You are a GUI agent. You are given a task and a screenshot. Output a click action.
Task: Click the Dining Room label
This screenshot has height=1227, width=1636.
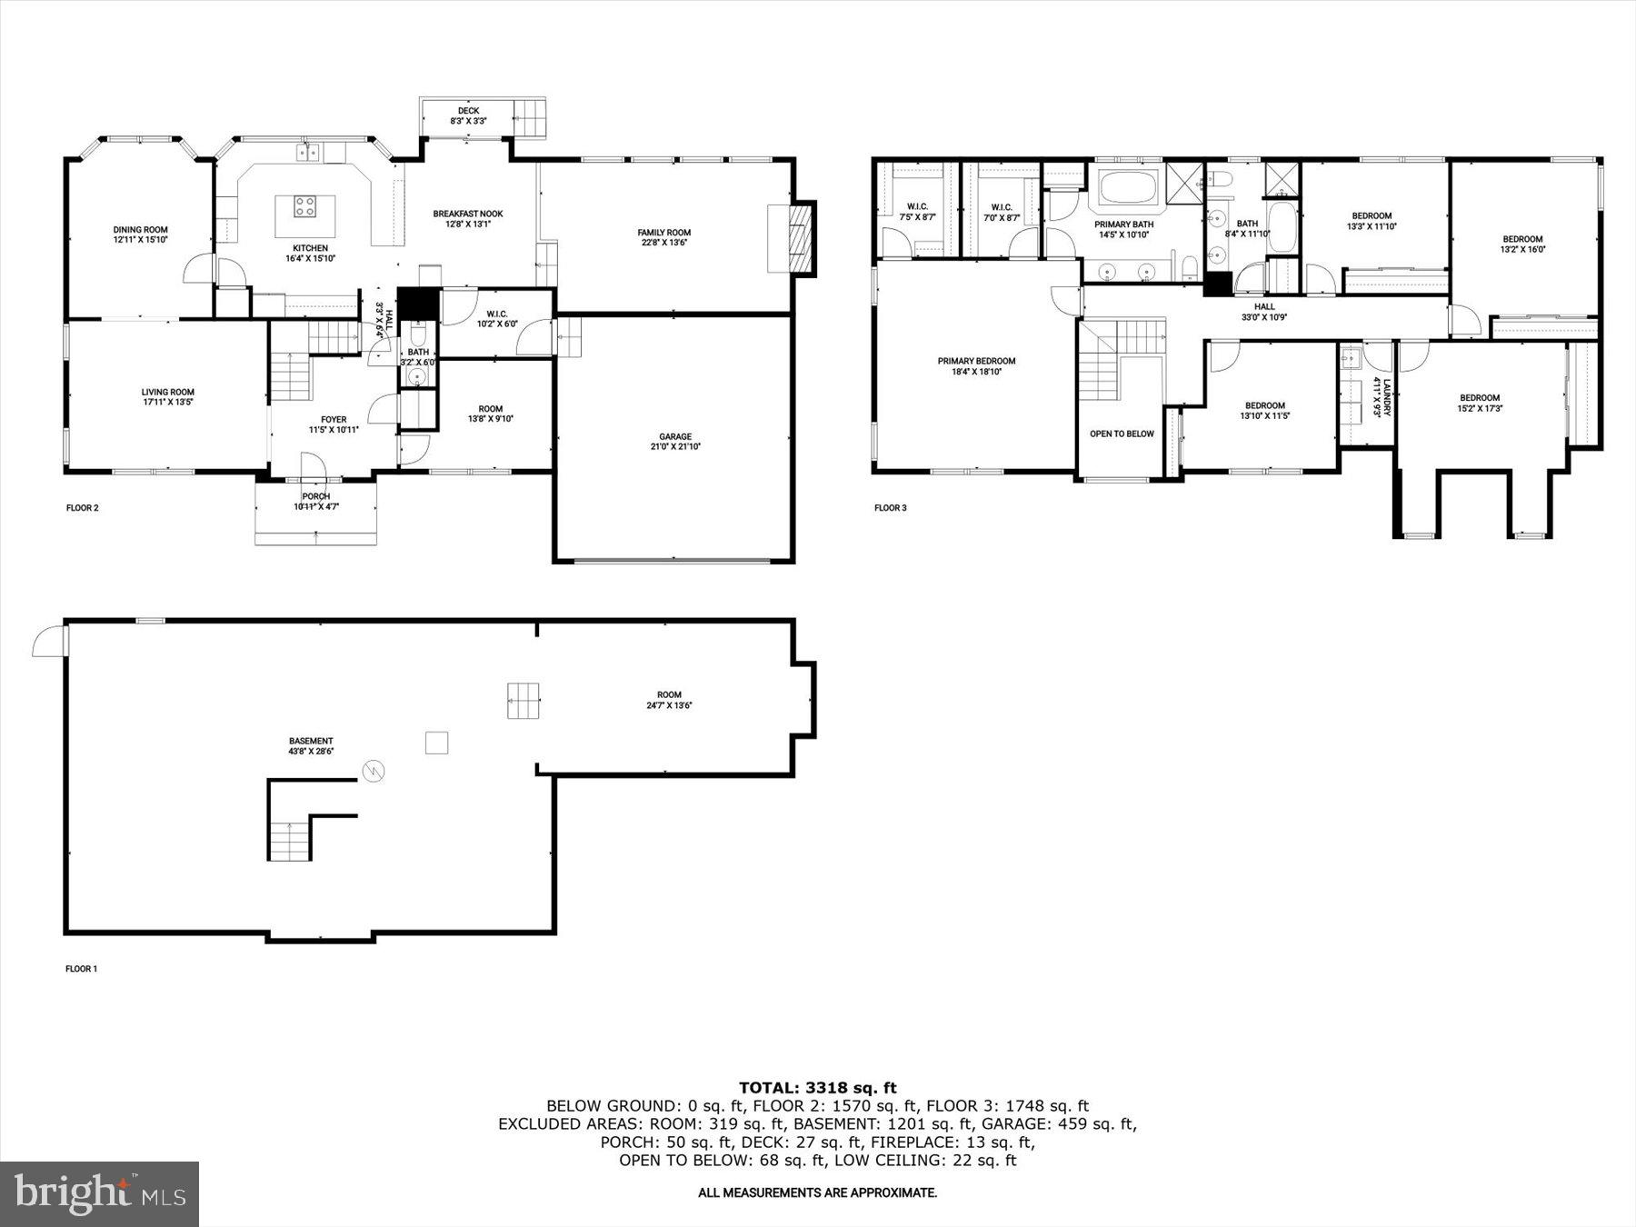(140, 234)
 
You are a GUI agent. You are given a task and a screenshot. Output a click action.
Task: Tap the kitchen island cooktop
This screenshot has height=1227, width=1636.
(305, 207)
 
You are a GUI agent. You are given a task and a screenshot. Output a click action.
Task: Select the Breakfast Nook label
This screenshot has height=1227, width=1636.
(467, 219)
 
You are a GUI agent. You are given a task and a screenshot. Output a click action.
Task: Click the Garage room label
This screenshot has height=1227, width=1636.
(674, 442)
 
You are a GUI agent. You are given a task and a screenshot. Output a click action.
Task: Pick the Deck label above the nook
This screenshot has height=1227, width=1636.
(468, 115)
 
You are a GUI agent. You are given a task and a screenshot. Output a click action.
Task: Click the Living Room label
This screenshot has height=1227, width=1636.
(167, 396)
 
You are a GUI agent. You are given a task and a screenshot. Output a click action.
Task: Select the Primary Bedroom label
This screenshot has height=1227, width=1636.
(976, 366)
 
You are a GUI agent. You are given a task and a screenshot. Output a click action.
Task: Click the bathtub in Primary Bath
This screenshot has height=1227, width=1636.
(1127, 189)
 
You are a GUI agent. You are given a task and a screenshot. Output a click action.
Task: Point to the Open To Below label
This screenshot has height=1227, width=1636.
(1121, 434)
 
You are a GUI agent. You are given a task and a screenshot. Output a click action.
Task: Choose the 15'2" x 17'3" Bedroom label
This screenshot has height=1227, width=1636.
(1479, 403)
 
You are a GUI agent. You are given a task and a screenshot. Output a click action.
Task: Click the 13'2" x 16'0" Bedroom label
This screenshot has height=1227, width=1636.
(1521, 244)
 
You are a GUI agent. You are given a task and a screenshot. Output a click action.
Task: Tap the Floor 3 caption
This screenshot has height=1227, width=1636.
(890, 508)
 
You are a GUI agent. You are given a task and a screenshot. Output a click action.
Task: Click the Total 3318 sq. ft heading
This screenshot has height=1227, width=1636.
(817, 1087)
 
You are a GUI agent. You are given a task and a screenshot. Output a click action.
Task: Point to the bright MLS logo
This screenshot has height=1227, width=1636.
(99, 1193)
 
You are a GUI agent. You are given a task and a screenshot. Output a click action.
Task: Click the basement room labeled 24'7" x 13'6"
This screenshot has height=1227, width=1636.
(669, 700)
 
